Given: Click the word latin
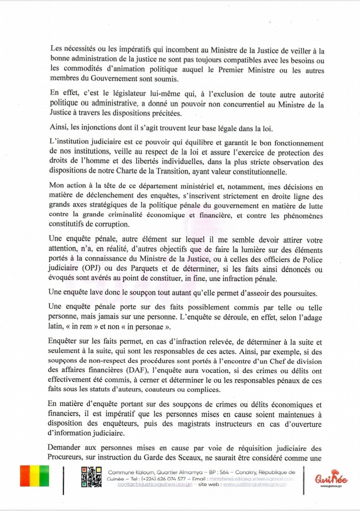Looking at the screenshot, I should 61,327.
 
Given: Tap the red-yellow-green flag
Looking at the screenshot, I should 34,476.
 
